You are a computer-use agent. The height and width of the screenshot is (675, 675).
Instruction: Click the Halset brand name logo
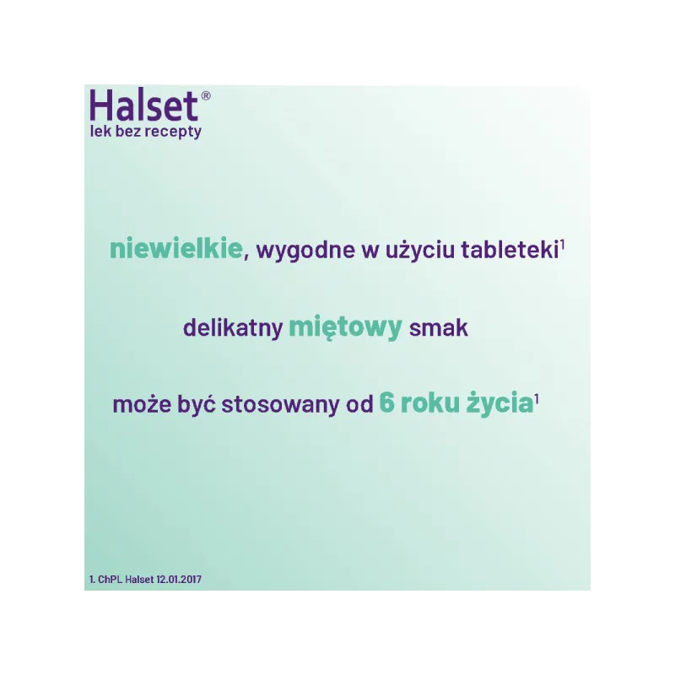point(143,105)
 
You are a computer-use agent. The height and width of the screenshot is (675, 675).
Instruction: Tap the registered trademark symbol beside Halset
point(206,95)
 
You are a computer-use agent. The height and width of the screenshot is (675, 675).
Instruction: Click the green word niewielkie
point(175,248)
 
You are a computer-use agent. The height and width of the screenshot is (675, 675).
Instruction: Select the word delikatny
point(233,327)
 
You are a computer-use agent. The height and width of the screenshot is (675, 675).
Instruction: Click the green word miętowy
point(345,327)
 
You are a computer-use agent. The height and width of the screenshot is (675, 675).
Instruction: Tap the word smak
point(438,327)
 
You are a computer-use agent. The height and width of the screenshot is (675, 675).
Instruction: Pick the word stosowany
point(280,405)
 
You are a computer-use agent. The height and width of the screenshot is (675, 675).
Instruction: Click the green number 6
point(386,403)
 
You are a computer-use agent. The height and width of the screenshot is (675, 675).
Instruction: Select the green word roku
point(429,403)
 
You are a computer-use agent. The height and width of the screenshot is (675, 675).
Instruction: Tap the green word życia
point(499,404)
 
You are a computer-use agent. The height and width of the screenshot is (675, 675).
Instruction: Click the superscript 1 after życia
point(537,399)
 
